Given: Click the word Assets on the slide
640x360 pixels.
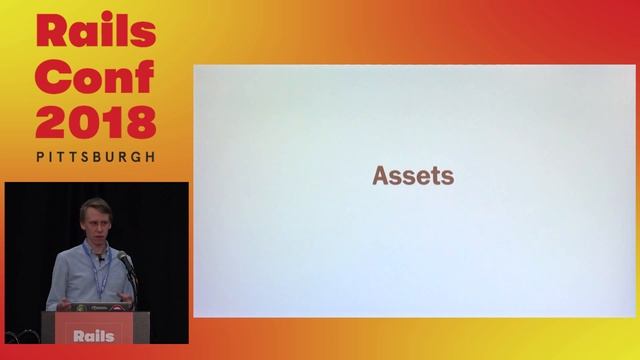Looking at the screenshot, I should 413,176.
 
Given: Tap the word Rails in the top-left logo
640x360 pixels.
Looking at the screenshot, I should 96,32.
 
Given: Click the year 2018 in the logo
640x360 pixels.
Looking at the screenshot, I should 96,122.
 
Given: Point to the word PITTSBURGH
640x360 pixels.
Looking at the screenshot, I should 96,157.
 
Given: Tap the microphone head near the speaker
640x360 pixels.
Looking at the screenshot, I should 123,259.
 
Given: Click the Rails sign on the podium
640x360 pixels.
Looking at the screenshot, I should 95,335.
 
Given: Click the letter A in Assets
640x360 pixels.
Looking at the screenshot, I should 381,176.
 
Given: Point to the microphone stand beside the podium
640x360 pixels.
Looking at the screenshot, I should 133,290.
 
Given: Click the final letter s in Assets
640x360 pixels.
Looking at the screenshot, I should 448,177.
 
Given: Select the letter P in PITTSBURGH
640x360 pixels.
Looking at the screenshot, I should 40,157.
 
